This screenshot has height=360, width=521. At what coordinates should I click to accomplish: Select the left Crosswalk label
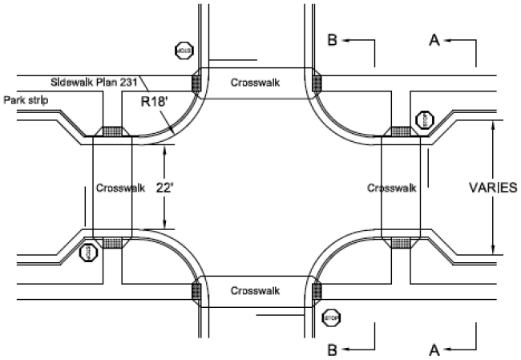120,188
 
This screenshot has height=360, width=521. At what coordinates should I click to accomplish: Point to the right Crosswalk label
392,188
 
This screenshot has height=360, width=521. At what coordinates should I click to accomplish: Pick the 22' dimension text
164,188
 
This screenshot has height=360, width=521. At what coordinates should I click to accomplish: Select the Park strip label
25,101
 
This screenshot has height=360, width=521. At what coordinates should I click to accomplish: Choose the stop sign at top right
423,119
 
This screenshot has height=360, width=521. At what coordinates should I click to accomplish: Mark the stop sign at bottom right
331,318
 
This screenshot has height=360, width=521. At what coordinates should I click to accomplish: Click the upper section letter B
331,41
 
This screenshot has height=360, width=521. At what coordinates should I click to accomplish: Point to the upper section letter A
434,41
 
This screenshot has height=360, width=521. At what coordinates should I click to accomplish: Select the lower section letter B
331,350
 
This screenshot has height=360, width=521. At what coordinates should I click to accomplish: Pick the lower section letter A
434,350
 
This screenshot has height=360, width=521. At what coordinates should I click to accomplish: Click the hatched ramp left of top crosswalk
197,82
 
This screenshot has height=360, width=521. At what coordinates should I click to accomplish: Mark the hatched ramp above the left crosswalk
112,131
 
